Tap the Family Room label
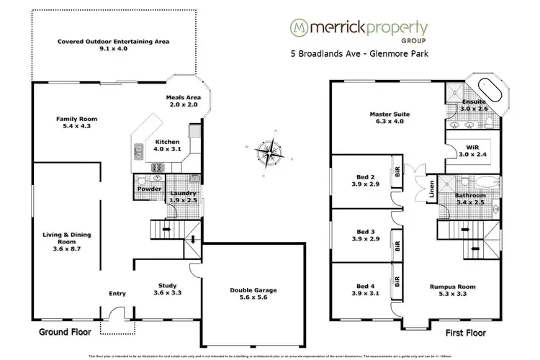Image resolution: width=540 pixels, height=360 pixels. (77, 123)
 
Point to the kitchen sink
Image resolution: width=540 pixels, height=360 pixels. (138, 151)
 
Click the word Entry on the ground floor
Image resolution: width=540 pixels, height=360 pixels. (117, 293)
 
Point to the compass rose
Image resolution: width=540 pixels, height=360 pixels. (271, 153)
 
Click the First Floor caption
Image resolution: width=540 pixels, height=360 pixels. (466, 334)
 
